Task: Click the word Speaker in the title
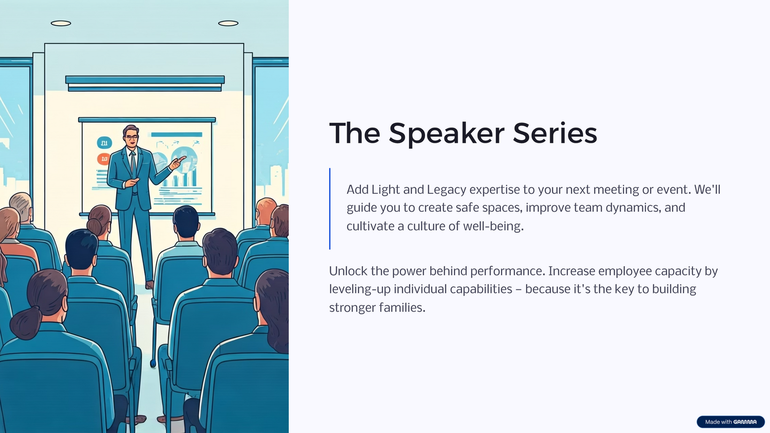pyautogui.click(x=446, y=134)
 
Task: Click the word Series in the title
pyautogui.click(x=555, y=133)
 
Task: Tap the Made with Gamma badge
pyautogui.click(x=730, y=422)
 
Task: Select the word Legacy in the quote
pyautogui.click(x=446, y=190)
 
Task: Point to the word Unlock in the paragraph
pyautogui.click(x=348, y=271)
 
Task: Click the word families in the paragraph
pyautogui.click(x=402, y=307)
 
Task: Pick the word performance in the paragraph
pyautogui.click(x=508, y=272)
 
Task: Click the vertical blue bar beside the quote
pyautogui.click(x=329, y=208)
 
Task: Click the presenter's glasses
pyautogui.click(x=132, y=137)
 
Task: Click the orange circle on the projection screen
pyautogui.click(x=104, y=159)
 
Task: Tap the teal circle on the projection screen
pyautogui.click(x=104, y=142)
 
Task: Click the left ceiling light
pyautogui.click(x=61, y=24)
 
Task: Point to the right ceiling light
pyautogui.click(x=228, y=24)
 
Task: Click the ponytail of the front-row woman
pyautogui.click(x=26, y=323)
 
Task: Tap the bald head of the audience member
pyautogui.click(x=265, y=208)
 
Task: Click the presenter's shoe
pyautogui.click(x=150, y=284)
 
